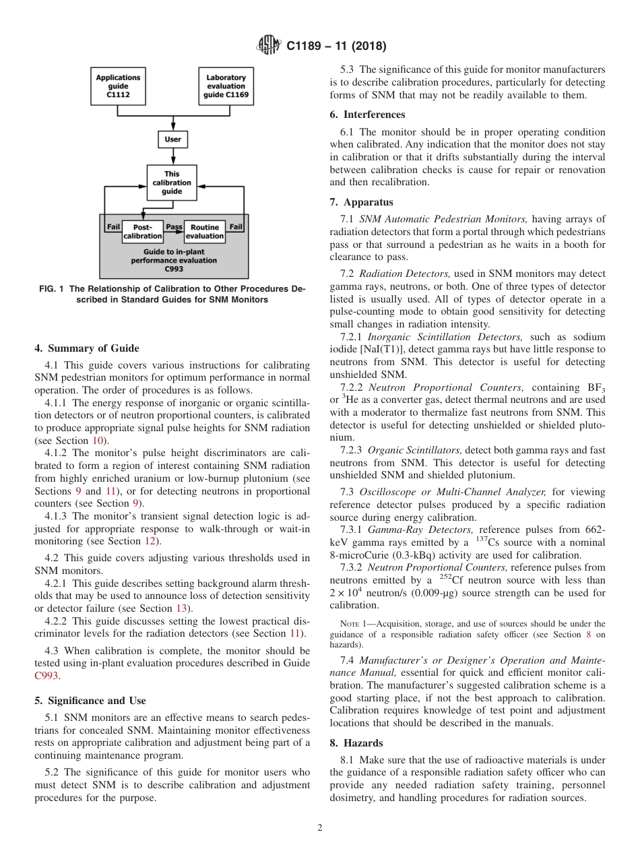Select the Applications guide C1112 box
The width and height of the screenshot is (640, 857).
pos(118,86)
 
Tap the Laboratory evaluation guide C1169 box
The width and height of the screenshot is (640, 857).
pos(226,86)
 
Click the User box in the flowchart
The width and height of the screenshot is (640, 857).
pos(172,140)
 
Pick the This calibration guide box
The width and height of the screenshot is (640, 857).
pos(172,182)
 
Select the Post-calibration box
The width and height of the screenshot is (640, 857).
pos(143,232)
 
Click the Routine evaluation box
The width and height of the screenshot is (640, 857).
pos(204,232)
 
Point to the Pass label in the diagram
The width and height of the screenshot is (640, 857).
pos(174,227)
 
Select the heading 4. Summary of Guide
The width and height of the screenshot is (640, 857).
pos(86,348)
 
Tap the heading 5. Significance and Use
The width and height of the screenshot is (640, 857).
pos(90,701)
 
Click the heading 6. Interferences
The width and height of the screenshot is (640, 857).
pos(367,115)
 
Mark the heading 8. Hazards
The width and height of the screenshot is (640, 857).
pos(356,742)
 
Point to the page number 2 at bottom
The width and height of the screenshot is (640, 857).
pos(320,828)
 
